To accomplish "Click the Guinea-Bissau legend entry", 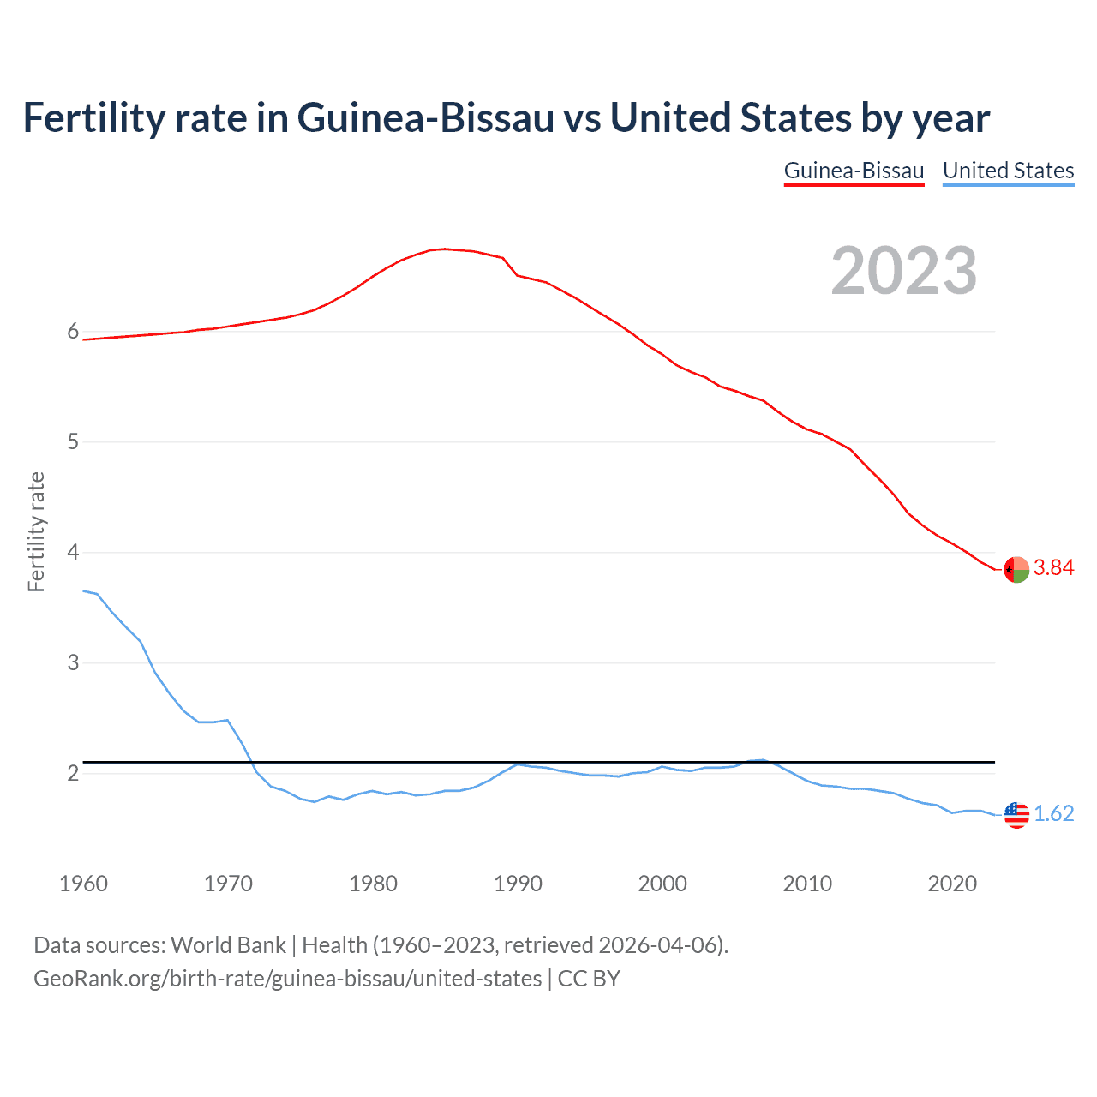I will [854, 171].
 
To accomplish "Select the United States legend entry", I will [1008, 171].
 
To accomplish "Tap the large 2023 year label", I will [903, 271].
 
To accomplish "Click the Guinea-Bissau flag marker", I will [1016, 569].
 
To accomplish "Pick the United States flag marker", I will [1016, 814].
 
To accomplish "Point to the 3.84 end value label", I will [1053, 568].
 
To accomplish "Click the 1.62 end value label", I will [1053, 813].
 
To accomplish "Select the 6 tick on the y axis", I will [73, 332].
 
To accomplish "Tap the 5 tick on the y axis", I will [73, 442].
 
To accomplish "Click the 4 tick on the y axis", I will [73, 553].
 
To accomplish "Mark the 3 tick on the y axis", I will [73, 662].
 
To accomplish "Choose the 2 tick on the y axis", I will [73, 773].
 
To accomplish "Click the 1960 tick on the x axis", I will [83, 884].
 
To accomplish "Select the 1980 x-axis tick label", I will [373, 884].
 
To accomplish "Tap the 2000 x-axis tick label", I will [662, 884].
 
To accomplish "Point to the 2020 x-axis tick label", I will [952, 884].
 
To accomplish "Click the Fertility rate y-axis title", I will [36, 531].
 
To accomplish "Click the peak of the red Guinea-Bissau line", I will [444, 249].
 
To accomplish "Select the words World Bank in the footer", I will [228, 945].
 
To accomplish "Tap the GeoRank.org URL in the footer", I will [287, 979].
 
